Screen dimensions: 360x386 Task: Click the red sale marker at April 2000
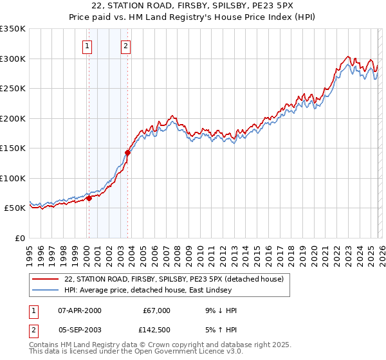(x=89, y=198)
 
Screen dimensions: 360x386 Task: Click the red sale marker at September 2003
(x=128, y=153)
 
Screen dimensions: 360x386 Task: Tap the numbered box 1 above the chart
(x=87, y=46)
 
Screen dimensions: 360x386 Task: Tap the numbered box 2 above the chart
(x=125, y=46)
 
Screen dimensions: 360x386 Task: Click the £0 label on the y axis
(x=19, y=238)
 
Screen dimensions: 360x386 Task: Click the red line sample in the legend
(x=46, y=279)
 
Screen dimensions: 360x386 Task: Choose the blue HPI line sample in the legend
(x=46, y=290)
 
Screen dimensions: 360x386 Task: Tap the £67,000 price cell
(x=156, y=310)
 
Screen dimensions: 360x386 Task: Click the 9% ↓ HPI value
(x=219, y=310)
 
